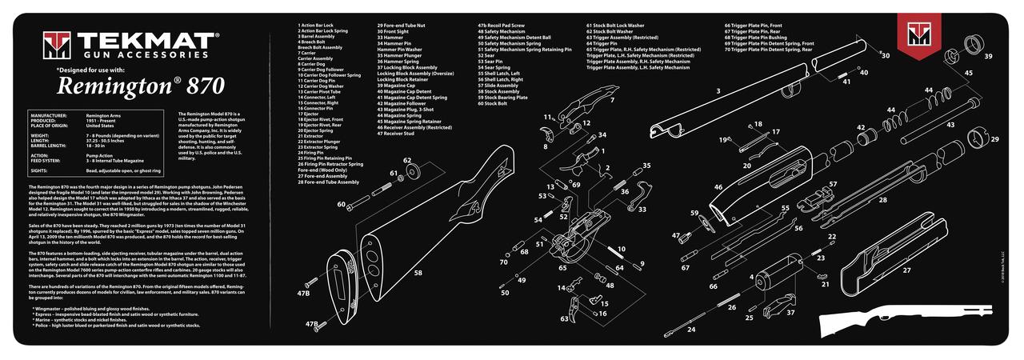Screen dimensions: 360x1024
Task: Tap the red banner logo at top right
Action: [x=917, y=35]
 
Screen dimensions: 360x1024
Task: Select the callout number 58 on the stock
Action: [x=418, y=273]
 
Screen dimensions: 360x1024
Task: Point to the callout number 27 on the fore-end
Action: [x=906, y=270]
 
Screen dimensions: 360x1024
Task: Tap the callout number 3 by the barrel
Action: [x=718, y=91]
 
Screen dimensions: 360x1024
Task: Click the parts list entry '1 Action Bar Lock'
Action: [x=317, y=26]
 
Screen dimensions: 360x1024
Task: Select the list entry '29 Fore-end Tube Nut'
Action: [x=401, y=26]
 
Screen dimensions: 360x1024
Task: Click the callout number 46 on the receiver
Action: [x=718, y=187]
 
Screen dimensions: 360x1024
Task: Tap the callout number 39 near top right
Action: [x=988, y=57]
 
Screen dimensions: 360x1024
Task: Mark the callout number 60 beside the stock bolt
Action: [x=342, y=205]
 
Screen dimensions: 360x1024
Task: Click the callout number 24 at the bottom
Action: [x=691, y=330]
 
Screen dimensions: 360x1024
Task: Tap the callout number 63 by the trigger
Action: [x=564, y=318]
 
